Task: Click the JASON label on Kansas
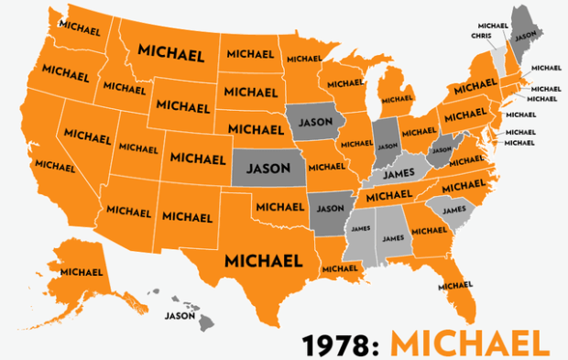point(268,169)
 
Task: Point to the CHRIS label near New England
point(480,36)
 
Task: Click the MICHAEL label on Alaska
point(81,271)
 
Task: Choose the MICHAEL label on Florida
point(455,285)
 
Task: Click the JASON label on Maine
point(525,38)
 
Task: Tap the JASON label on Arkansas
point(329,207)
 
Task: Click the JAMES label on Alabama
point(392,238)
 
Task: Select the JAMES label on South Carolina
point(453,210)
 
